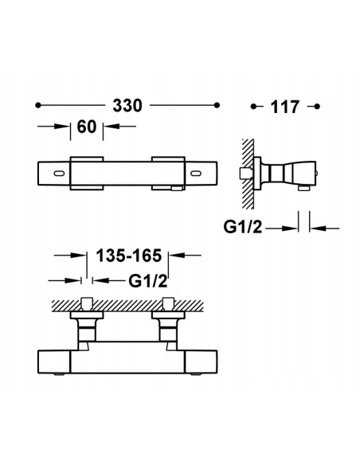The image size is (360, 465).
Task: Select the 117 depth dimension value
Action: [284, 106]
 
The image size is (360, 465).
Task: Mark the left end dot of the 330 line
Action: [38, 105]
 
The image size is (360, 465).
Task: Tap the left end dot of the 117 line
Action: [252, 105]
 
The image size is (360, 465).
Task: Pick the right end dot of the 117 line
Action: [317, 105]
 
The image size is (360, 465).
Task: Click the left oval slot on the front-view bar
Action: [61, 172]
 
